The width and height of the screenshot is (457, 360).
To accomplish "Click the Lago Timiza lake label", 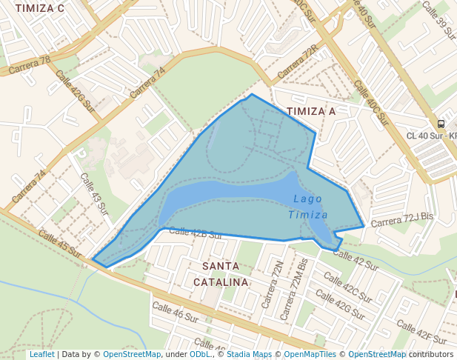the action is pos(308,207).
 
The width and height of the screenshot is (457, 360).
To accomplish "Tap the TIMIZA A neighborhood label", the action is pos(311,111).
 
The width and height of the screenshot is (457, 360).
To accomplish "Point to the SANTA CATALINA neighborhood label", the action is pos(221,274).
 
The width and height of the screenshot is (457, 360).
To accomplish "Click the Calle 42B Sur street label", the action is pos(196,233).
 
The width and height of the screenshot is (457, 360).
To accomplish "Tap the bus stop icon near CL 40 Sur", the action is pos(441,124).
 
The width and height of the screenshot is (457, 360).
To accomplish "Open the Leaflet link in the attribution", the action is pos(41,355).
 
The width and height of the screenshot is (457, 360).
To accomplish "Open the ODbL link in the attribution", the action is pos(201,355).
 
